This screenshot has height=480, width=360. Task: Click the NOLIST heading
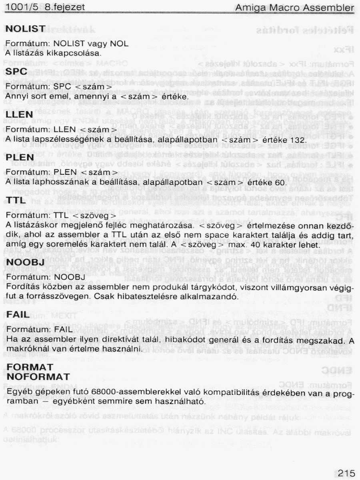[x=25, y=29]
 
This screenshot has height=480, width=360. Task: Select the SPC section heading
[x=17, y=72]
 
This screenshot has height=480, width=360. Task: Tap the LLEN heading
[x=20, y=115]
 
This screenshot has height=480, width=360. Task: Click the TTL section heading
[x=16, y=201]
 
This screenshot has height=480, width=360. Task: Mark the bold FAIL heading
[x=18, y=315]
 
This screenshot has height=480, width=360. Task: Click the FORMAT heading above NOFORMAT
[x=30, y=367]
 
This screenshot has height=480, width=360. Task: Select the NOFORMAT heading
[x=38, y=377]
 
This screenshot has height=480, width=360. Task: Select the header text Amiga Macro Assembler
[x=294, y=8]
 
